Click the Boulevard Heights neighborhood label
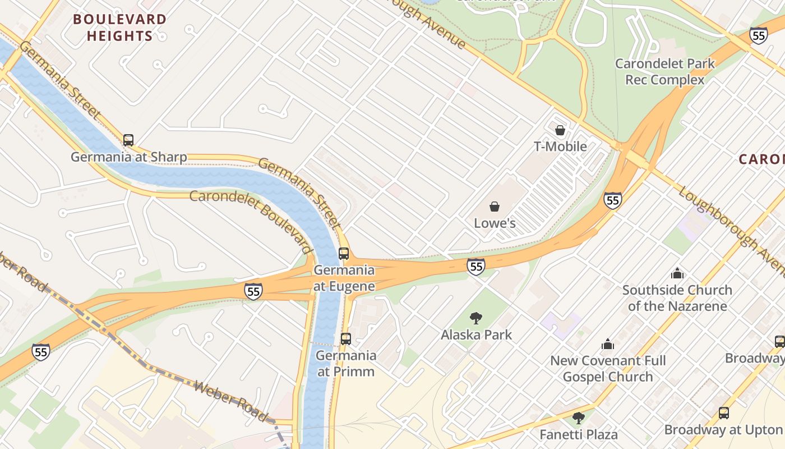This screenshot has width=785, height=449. point(119,28)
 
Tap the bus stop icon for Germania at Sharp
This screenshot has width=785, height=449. point(128,140)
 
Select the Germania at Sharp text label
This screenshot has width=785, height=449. point(129,157)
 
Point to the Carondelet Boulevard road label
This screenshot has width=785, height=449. point(250,221)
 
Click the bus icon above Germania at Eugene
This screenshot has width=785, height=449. point(344,254)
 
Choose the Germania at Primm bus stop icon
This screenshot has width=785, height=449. point(346,339)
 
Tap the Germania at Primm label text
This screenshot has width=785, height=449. point(346,363)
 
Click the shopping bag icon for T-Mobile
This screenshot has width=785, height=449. point(560,131)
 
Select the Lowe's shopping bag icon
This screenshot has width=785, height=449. point(495,207)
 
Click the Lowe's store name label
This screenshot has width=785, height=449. point(495,223)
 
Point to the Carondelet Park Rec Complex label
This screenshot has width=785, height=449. point(665,71)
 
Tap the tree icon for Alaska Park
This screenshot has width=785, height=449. point(476,318)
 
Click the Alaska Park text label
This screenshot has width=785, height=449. point(477,335)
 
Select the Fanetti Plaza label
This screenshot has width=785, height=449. point(579,434)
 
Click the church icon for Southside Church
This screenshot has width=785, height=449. point(677,274)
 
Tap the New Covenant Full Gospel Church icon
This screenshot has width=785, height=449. point(608,344)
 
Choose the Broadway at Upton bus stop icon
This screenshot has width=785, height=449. point(724,413)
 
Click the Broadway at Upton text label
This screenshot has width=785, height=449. point(724,430)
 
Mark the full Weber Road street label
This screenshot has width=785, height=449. point(230,400)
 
